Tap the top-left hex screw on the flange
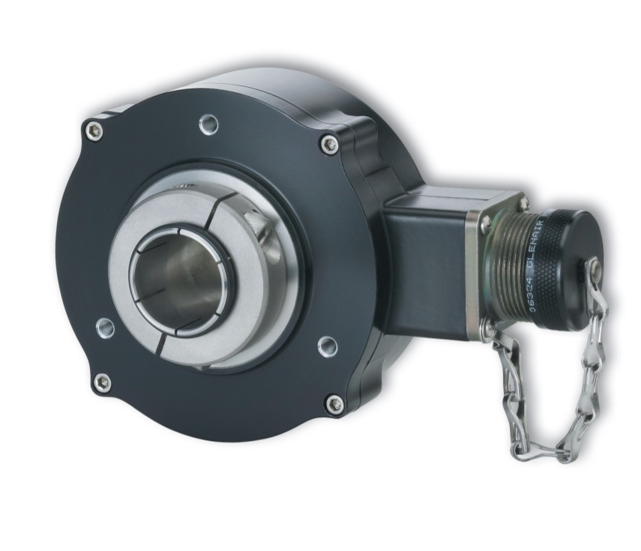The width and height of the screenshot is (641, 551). [x=94, y=131]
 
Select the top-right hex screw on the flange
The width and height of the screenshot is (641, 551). [x=328, y=144]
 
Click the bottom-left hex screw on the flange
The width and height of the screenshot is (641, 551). [x=102, y=382]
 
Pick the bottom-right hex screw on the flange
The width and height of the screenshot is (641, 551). [x=334, y=404]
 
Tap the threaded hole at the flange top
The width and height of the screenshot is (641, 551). [x=209, y=123]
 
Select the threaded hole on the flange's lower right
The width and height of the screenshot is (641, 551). [x=327, y=346]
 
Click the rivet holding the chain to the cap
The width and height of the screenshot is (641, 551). [x=594, y=265]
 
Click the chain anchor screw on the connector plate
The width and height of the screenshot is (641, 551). [x=490, y=328]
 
